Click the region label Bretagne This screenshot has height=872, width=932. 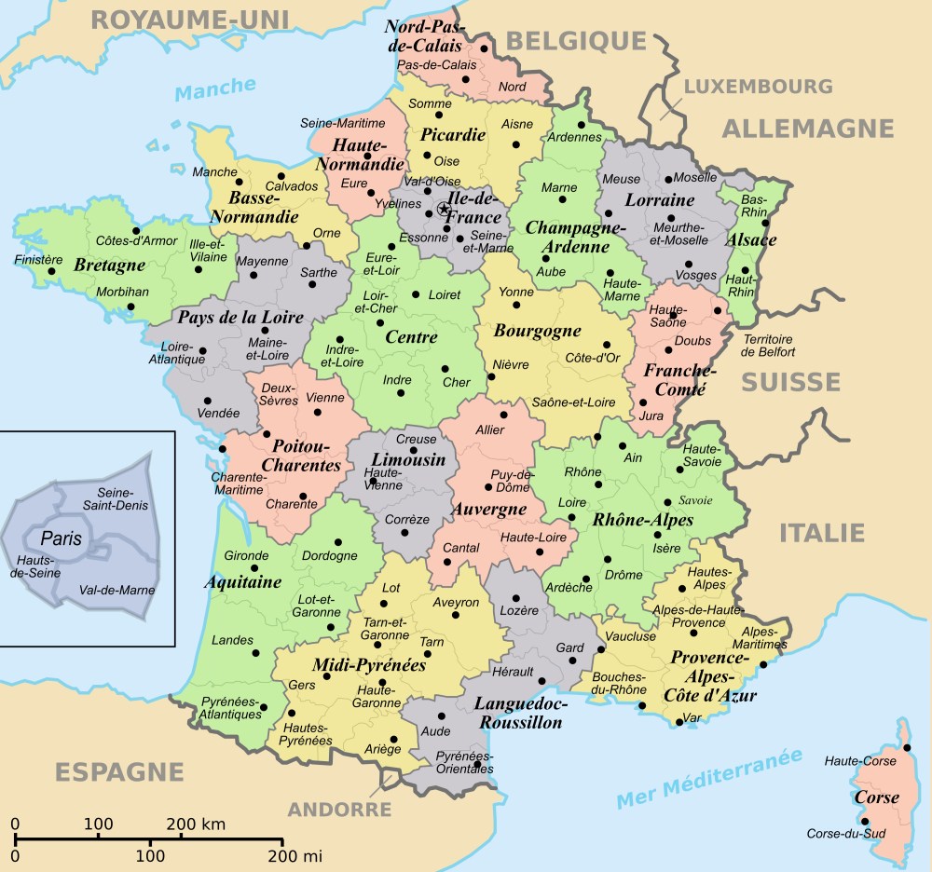pyautogui.click(x=110, y=266)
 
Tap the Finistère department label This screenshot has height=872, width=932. pyautogui.click(x=38, y=259)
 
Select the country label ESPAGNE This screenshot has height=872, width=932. pyautogui.click(x=118, y=771)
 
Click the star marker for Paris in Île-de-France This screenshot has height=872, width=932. pyautogui.click(x=444, y=209)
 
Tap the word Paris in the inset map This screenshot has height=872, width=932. pyautogui.click(x=61, y=538)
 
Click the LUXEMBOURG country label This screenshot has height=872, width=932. pyautogui.click(x=758, y=87)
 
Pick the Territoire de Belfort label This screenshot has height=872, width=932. pyautogui.click(x=768, y=346)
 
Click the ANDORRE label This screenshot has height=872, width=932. pyautogui.click(x=338, y=810)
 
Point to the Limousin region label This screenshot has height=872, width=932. pyautogui.click(x=408, y=460)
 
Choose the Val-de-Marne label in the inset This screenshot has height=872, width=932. pyautogui.click(x=117, y=590)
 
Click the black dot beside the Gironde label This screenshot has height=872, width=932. pyautogui.click(x=254, y=568)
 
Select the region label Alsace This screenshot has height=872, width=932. pyautogui.click(x=751, y=240)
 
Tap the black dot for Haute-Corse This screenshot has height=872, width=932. pyautogui.click(x=906, y=748)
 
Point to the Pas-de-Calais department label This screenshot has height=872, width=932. pyautogui.click(x=436, y=65)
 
